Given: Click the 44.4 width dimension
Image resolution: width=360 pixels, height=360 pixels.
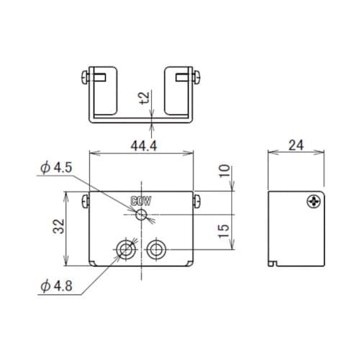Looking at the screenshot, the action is click(x=144, y=145).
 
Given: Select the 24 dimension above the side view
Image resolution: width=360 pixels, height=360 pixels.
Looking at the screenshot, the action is click(x=296, y=145).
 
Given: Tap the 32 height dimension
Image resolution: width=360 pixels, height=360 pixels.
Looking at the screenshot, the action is click(x=59, y=226).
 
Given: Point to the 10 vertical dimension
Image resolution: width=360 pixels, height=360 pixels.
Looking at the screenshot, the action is click(x=225, y=171).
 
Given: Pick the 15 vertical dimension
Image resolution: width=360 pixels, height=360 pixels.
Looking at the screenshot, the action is click(x=224, y=231).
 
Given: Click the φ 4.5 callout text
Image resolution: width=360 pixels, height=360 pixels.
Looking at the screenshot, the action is click(x=56, y=168).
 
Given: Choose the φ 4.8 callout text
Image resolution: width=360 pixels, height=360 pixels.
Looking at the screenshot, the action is click(x=56, y=286).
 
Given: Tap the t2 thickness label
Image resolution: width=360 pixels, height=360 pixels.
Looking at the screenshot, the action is click(x=145, y=98).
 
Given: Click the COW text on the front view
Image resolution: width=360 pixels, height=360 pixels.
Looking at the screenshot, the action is click(x=141, y=201).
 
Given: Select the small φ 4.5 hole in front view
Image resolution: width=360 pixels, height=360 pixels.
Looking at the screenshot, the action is click(x=141, y=215).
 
